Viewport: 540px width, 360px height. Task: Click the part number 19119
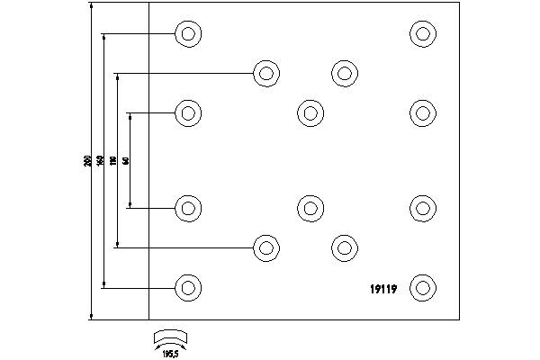pos(385,288)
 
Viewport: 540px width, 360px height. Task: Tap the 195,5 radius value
pos(170,355)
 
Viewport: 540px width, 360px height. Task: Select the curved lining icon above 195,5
pos(170,338)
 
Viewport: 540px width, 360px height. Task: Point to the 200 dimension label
pos(86,161)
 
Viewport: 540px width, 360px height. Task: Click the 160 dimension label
pos(100,161)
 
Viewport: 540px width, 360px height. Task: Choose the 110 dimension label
pos(113,161)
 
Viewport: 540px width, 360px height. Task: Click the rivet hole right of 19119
pos(422,288)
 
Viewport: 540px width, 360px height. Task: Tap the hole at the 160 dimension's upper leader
pos(187,34)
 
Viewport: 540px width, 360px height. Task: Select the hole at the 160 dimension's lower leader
pos(187,288)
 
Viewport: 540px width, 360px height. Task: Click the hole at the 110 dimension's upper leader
pos(265,73)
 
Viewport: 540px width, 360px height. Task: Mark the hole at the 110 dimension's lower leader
pos(265,247)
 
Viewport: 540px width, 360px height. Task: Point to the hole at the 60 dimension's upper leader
pos(187,112)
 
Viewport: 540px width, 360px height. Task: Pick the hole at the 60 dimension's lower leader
pos(187,208)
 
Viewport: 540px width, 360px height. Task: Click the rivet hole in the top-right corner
pos(422,34)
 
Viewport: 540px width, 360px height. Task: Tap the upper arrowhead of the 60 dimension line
pos(130,116)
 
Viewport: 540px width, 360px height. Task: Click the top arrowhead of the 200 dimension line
pos(92,6)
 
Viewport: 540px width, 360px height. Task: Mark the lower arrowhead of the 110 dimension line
pos(118,244)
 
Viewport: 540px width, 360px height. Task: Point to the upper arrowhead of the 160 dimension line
pos(104,38)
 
